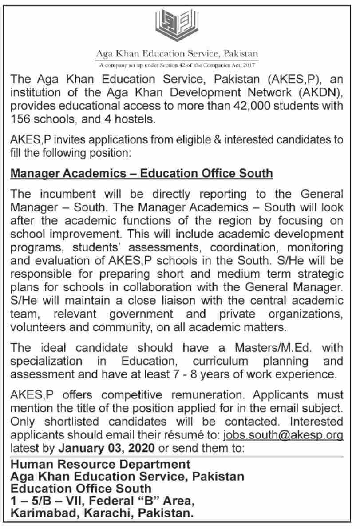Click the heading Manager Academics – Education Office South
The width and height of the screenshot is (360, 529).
click(142, 172)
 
